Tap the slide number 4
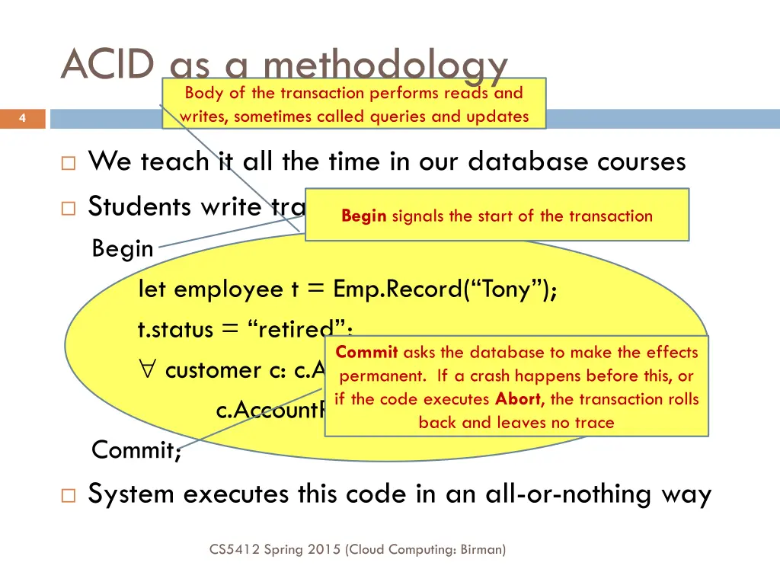(x=23, y=118)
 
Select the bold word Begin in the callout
(x=364, y=216)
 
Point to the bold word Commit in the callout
(x=366, y=352)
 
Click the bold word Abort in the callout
(x=520, y=398)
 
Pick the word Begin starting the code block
(x=122, y=248)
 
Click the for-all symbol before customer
(x=149, y=371)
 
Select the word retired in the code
(x=292, y=331)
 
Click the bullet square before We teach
(x=69, y=163)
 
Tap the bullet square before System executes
(x=69, y=496)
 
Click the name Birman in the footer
(x=481, y=548)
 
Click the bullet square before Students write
(x=69, y=208)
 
